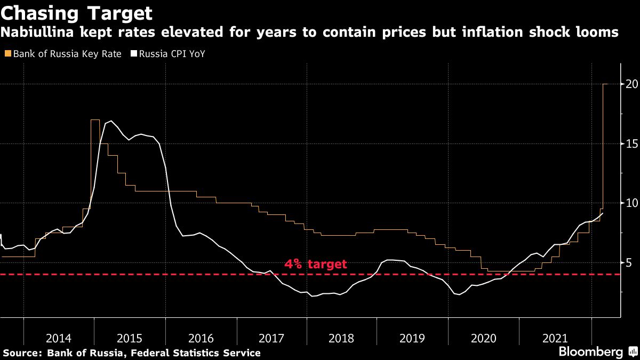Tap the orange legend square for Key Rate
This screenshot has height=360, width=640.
click(7, 54)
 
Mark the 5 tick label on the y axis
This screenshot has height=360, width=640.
click(630, 262)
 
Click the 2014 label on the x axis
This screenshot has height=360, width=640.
click(59, 338)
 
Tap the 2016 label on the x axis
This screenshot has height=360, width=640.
click(201, 338)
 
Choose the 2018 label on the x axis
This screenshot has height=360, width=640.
click(342, 338)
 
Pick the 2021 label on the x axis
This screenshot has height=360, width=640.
click(555, 338)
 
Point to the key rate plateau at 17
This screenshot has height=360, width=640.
click(95, 120)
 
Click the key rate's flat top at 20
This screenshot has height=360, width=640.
click(605, 84)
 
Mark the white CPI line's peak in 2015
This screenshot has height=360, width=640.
click(110, 122)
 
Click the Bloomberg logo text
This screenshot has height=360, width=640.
click(590, 351)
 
